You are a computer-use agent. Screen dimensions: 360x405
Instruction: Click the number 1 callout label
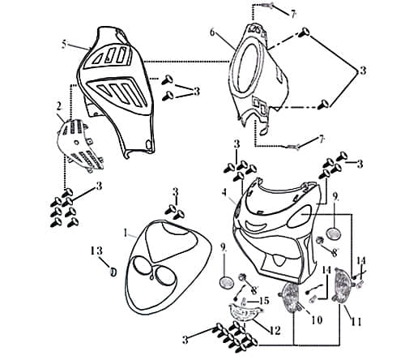coord(126,233)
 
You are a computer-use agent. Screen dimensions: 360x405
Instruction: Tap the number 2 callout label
coord(58,105)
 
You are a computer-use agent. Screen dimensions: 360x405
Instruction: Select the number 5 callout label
coord(64,45)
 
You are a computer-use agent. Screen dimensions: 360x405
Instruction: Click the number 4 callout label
coord(224,192)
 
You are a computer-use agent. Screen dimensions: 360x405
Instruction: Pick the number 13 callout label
coord(95,250)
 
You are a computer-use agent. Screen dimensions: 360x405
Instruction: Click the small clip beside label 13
coord(113,270)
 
